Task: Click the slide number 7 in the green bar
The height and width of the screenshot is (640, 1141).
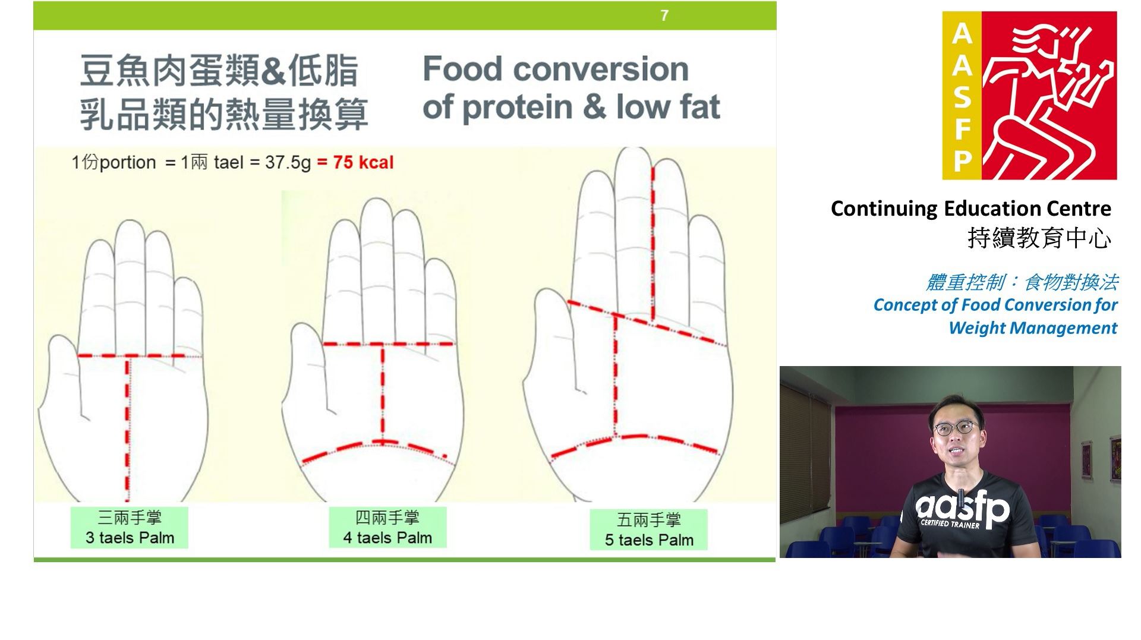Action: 664,15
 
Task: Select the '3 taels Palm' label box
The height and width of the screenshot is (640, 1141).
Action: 130,528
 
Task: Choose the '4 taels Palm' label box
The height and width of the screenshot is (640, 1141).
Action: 387,527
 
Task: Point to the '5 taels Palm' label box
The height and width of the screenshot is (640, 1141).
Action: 649,529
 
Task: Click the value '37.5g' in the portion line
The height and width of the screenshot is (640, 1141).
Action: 288,163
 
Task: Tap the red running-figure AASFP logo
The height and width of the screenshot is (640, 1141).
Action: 1029,96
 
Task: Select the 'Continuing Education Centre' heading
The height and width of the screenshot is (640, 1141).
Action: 971,209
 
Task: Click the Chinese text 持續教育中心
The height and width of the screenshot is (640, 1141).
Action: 1039,238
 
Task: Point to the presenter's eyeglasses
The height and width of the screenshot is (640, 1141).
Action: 955,428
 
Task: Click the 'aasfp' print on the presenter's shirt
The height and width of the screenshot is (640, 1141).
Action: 962,509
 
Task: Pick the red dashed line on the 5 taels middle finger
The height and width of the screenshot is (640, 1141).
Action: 653,244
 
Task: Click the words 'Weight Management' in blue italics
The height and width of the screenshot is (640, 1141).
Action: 1033,328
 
